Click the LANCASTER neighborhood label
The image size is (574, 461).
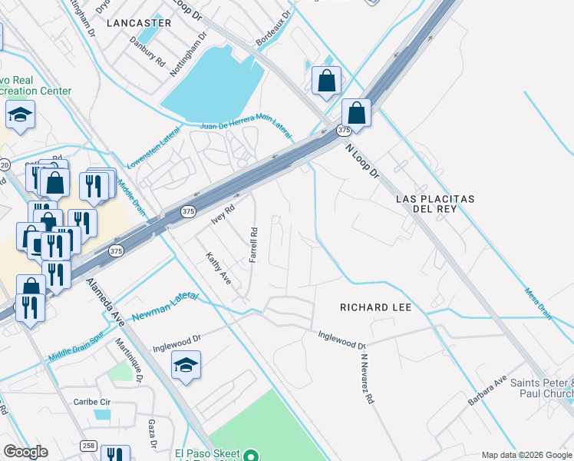139,23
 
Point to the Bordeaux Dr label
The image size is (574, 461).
274,28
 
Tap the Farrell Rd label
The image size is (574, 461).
252,244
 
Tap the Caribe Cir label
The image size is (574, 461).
93,402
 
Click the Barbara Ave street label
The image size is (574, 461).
488,391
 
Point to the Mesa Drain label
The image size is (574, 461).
539,302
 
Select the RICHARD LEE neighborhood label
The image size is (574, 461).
376,307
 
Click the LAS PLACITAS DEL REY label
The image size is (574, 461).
436,204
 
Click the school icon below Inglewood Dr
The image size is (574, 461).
186,365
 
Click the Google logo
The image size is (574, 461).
25,452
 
